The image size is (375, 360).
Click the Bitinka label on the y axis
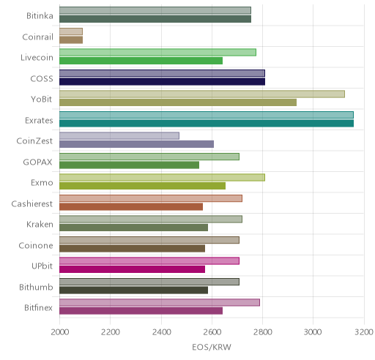(x=40, y=16)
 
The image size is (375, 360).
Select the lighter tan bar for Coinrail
(x=71, y=31)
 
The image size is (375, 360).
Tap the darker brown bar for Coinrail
(x=71, y=40)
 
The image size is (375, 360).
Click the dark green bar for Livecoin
(x=141, y=61)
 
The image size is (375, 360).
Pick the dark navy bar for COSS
(x=162, y=82)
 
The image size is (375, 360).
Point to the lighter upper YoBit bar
(x=202, y=94)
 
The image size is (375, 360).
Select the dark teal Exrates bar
(x=207, y=124)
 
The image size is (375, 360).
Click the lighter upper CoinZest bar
(x=119, y=136)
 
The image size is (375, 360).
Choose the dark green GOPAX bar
(x=130, y=165)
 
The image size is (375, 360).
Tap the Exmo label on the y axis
(x=42, y=183)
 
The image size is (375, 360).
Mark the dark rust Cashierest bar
(x=131, y=207)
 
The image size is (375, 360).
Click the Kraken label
(x=40, y=225)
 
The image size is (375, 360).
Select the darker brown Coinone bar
(x=133, y=249)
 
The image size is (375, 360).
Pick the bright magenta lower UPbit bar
(x=133, y=269)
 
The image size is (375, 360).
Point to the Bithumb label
(x=36, y=287)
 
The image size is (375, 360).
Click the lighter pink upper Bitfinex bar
(x=160, y=303)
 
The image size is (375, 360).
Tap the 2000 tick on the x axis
(x=60, y=332)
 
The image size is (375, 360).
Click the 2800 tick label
(x=263, y=332)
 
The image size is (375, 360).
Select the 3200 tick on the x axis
(x=364, y=332)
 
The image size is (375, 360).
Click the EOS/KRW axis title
(x=212, y=347)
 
